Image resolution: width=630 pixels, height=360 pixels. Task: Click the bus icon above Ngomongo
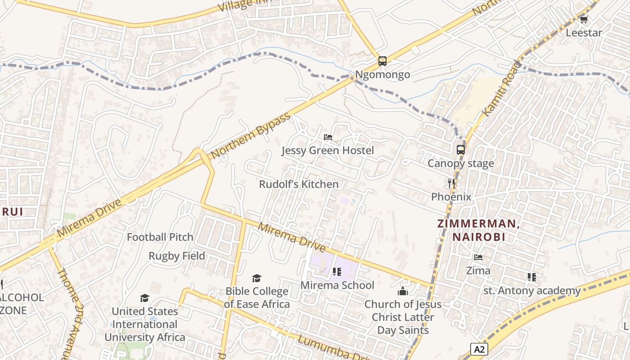click(382, 61)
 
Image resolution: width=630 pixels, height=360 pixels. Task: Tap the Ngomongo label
click(382, 74)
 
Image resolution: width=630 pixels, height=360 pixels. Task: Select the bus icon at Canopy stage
click(461, 149)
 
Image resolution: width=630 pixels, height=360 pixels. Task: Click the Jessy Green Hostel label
click(328, 150)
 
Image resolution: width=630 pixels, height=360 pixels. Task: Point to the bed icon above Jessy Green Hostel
click(328, 137)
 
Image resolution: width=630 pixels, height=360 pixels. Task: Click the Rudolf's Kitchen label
click(299, 184)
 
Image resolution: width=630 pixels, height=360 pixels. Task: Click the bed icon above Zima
click(478, 257)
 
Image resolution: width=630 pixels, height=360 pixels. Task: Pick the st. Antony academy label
click(532, 291)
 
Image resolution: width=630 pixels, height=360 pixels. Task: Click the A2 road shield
click(480, 349)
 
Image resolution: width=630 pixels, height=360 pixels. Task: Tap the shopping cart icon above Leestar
click(584, 19)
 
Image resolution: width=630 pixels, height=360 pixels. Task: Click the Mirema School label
click(337, 285)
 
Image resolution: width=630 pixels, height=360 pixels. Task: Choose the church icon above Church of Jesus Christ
click(403, 291)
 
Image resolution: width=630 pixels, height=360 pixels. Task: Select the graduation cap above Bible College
click(256, 278)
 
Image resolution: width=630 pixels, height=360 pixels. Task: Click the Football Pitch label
click(160, 237)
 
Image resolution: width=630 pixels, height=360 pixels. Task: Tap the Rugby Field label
click(177, 256)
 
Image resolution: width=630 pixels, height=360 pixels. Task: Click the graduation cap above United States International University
click(144, 298)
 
